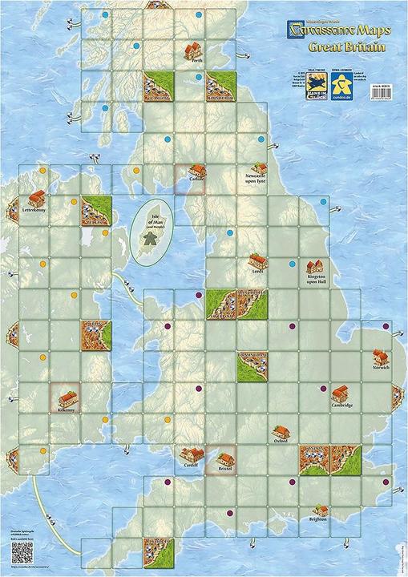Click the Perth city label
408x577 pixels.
pyautogui.click(x=192, y=63)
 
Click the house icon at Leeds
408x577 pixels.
pyautogui.click(x=257, y=260)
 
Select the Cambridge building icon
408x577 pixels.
pyautogui.click(x=340, y=393)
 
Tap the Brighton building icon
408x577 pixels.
pyautogui.click(x=321, y=510)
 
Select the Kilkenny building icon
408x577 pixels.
pyautogui.click(x=67, y=395)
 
